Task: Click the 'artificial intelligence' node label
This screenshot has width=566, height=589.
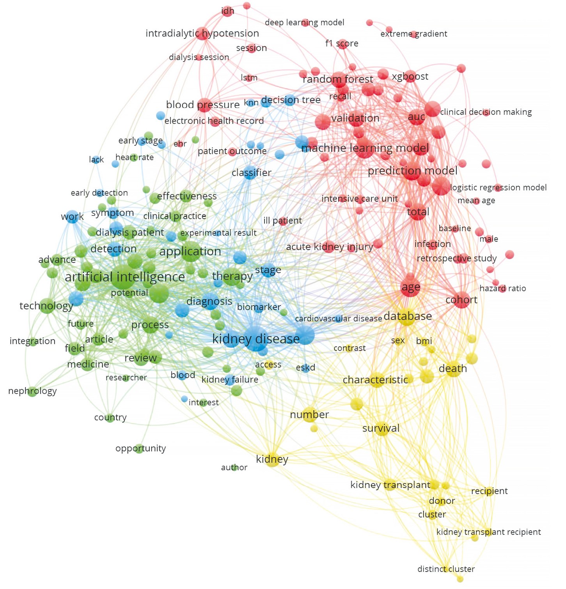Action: [x=125, y=277]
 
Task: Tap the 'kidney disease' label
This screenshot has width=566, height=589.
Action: [x=256, y=339]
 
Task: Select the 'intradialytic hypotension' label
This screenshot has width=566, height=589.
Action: [x=202, y=34]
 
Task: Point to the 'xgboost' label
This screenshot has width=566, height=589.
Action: [x=410, y=76]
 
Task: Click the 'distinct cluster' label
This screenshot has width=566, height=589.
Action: [x=446, y=569]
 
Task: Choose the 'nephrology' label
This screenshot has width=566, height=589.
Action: [x=32, y=391]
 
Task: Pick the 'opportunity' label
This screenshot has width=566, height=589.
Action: [x=140, y=448]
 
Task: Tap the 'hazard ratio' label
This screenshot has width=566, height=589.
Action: [x=502, y=289]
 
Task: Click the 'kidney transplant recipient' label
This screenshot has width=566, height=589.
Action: [x=488, y=532]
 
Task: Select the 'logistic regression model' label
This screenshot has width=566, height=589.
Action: [x=498, y=188]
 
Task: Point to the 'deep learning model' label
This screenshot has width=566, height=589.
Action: [x=304, y=23]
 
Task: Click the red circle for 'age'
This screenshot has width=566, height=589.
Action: [x=410, y=288]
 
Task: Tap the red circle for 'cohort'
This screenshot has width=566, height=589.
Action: [x=462, y=300]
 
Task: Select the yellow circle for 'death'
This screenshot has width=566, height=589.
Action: [x=452, y=369]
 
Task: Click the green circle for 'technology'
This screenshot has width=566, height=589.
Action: [x=47, y=306]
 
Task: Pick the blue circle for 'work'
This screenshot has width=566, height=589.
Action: [x=73, y=217]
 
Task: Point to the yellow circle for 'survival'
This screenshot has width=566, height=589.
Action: [x=381, y=429]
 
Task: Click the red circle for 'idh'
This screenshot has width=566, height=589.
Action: [x=228, y=11]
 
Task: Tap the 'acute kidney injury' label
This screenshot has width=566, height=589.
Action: [x=329, y=247]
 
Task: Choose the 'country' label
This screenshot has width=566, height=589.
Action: [x=110, y=418]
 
